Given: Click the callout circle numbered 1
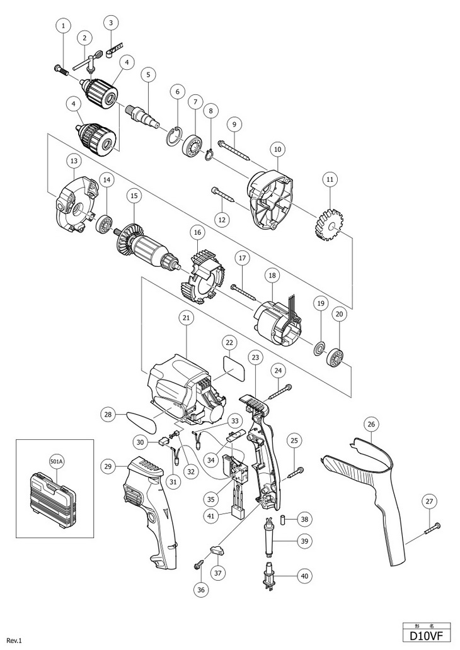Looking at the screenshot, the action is click(x=63, y=26).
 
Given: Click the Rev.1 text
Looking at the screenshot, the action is click(x=14, y=641).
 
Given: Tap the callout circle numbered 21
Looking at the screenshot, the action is click(x=186, y=318).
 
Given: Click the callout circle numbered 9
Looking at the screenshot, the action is click(x=234, y=123).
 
